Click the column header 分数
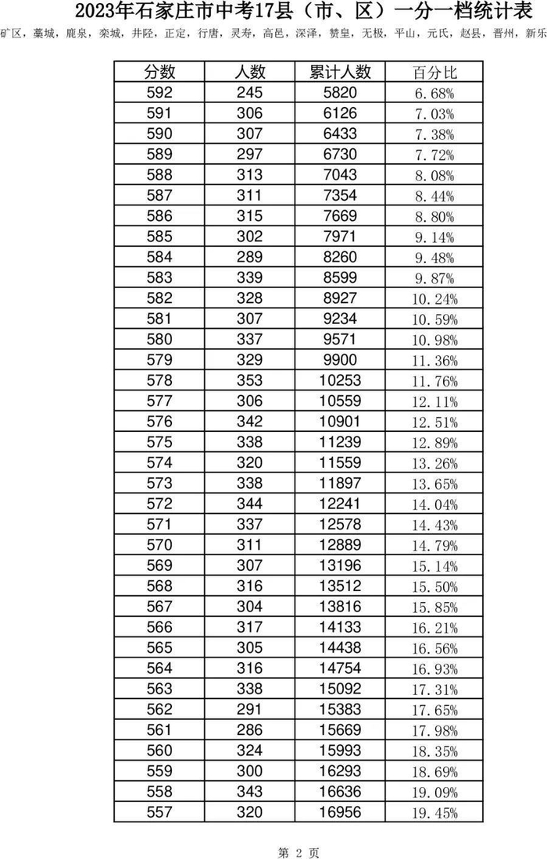pos(160,73)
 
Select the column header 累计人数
pos(341,73)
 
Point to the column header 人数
pos(251,73)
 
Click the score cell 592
pos(160,93)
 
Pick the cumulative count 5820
pos(341,93)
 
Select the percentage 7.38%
pos(434,134)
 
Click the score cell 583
pos(160,277)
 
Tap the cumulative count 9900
pos(341,359)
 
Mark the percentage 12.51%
pos(434,421)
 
